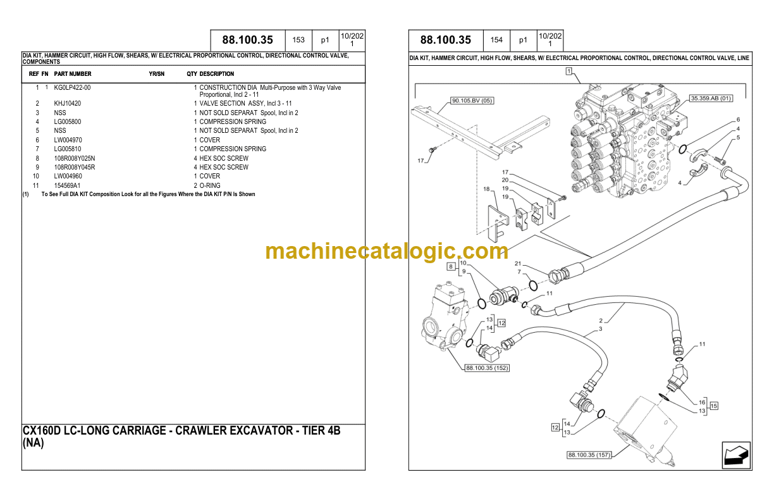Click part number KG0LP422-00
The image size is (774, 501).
[x=72, y=88]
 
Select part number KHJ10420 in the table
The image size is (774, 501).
[x=68, y=103]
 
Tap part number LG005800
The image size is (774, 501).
[x=68, y=121]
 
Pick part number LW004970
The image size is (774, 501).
[x=68, y=140]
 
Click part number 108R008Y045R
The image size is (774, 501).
[x=74, y=168]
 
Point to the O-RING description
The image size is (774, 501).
[x=210, y=186]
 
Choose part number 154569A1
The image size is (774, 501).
[x=67, y=186]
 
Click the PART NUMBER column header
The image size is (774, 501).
[x=73, y=74]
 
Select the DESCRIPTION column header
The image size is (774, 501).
[x=217, y=74]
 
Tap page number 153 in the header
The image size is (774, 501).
[x=298, y=40]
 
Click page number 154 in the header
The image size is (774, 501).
[x=496, y=40]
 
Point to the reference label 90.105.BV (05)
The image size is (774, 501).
[x=472, y=101]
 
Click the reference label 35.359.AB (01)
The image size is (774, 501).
[x=711, y=98]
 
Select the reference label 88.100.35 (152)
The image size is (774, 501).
[x=487, y=368]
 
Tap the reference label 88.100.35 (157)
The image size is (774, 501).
[x=589, y=455]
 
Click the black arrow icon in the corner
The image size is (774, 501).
[x=736, y=455]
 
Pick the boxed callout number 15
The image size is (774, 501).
[x=714, y=406]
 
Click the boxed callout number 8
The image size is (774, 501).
[x=451, y=266]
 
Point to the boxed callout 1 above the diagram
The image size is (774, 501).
[x=568, y=71]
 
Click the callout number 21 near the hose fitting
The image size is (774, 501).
[x=518, y=263]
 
